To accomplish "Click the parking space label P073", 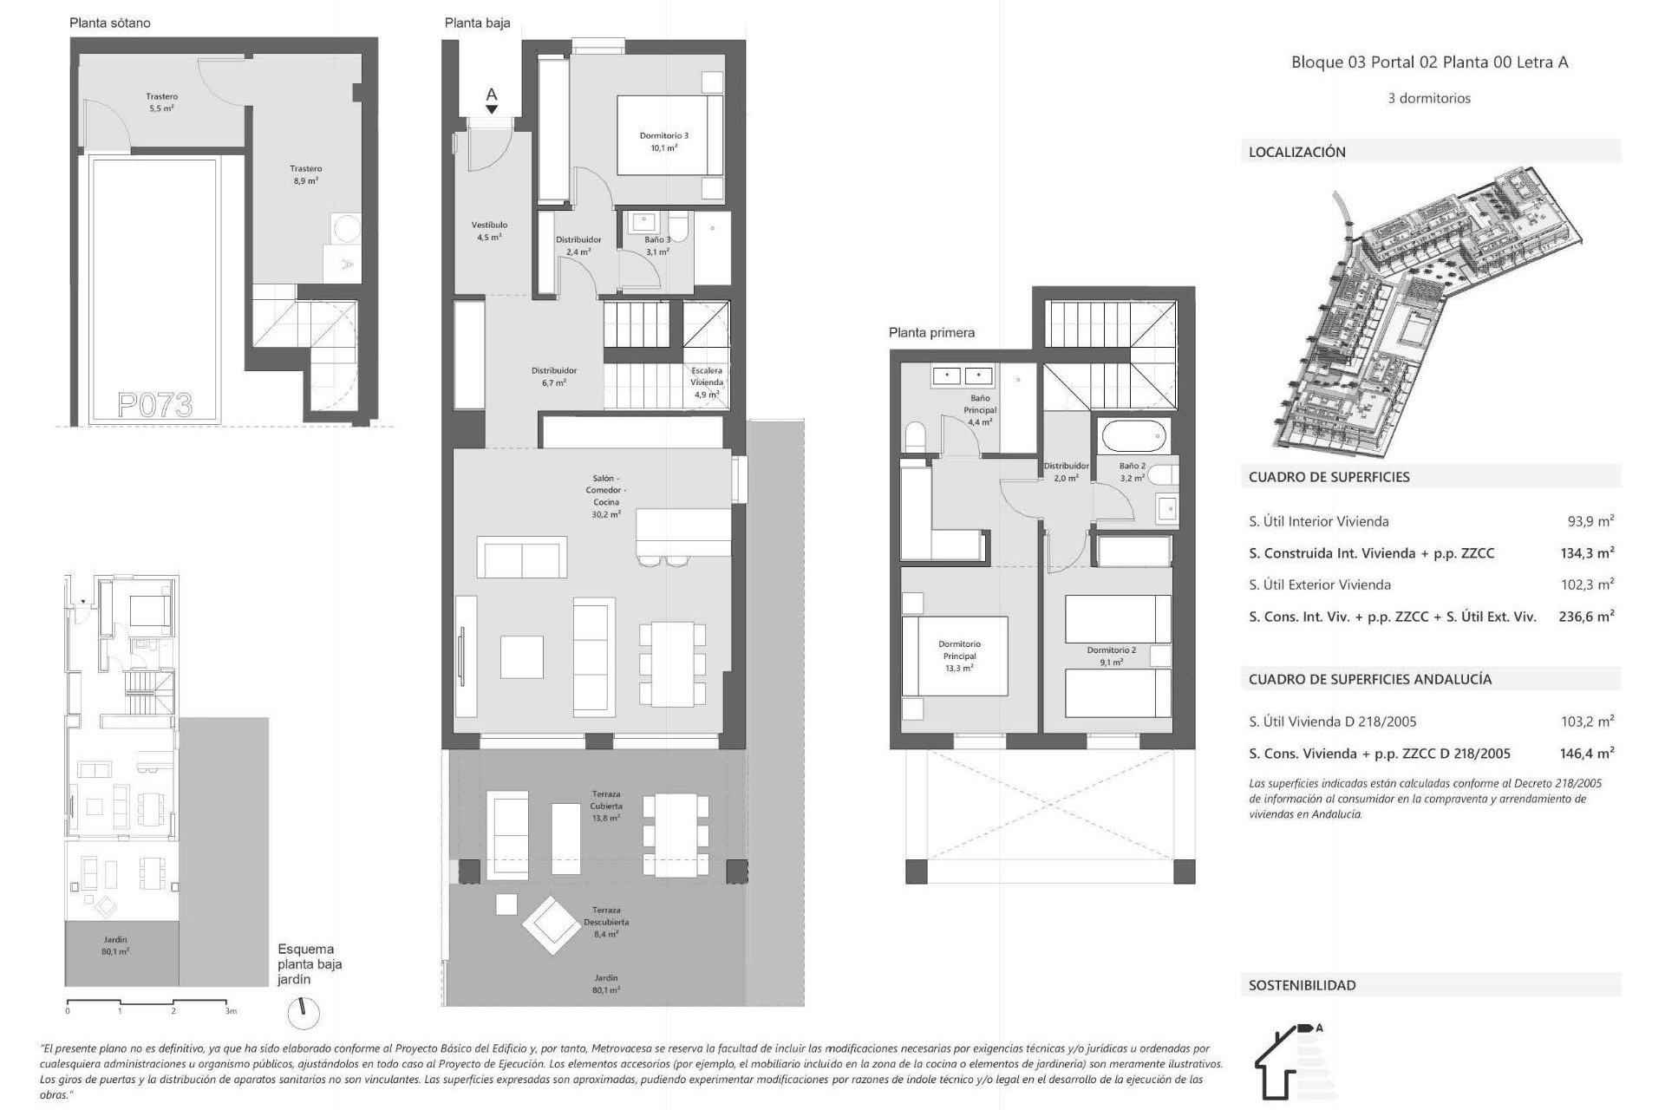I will point(155,404).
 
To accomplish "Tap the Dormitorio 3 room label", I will point(663,141).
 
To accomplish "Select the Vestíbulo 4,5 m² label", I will point(489,231).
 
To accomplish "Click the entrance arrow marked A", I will point(492,100).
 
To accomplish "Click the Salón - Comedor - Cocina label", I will point(606,496).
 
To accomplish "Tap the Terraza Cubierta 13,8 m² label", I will point(606,806).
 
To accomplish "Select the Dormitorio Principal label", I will point(958,656).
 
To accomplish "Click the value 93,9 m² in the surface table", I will point(1590,521).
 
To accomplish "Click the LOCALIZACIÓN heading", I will point(1296,152).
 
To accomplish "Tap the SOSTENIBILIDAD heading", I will point(1302,985).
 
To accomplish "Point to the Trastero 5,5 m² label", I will point(161,102).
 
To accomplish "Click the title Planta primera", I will point(931,332).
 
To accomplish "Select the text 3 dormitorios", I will point(1429,98).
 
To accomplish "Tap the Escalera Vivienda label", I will point(706,382).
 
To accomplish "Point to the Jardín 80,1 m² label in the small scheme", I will point(115,945).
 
